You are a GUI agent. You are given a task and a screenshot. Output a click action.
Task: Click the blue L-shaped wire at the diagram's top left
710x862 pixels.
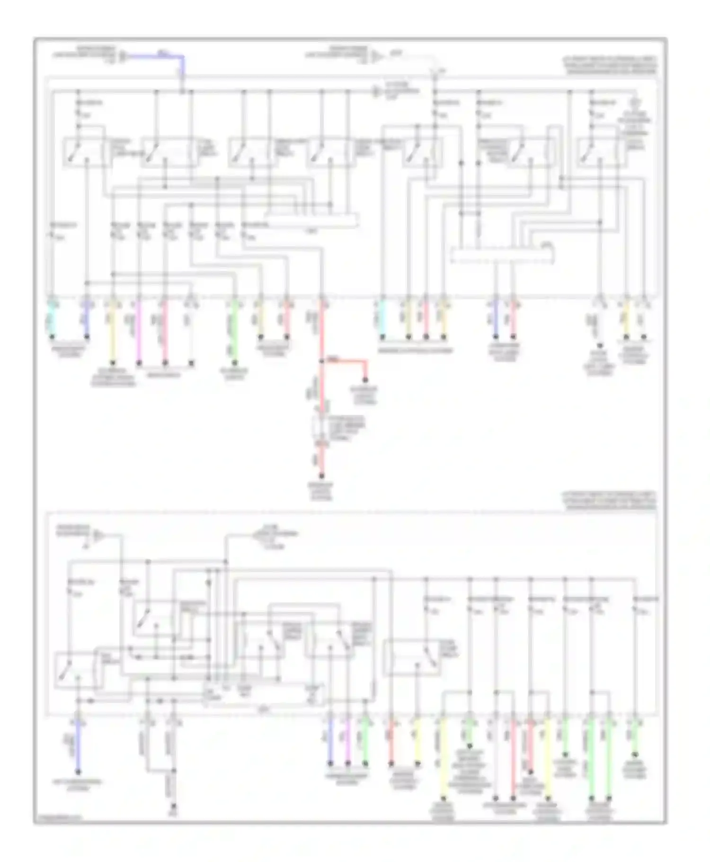coord(161,56)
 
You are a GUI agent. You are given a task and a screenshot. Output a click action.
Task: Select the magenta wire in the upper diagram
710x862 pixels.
coord(139,332)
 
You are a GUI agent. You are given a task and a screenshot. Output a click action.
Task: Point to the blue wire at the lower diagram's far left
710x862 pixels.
coord(79,748)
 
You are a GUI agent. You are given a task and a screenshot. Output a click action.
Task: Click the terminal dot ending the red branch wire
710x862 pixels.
coord(365,380)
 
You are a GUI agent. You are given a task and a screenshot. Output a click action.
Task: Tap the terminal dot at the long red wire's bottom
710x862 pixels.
coord(321,476)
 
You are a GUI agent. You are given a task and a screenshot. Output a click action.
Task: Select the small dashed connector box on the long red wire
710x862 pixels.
coord(321,429)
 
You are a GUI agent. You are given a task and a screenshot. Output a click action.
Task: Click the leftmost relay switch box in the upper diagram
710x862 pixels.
coord(87,153)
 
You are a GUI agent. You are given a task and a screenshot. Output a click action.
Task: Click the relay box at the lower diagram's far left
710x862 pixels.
coord(76,670)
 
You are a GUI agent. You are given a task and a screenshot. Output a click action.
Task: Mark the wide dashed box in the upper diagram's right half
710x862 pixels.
coord(502,255)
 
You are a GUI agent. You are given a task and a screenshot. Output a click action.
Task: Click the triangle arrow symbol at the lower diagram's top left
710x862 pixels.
coord(98,535)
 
